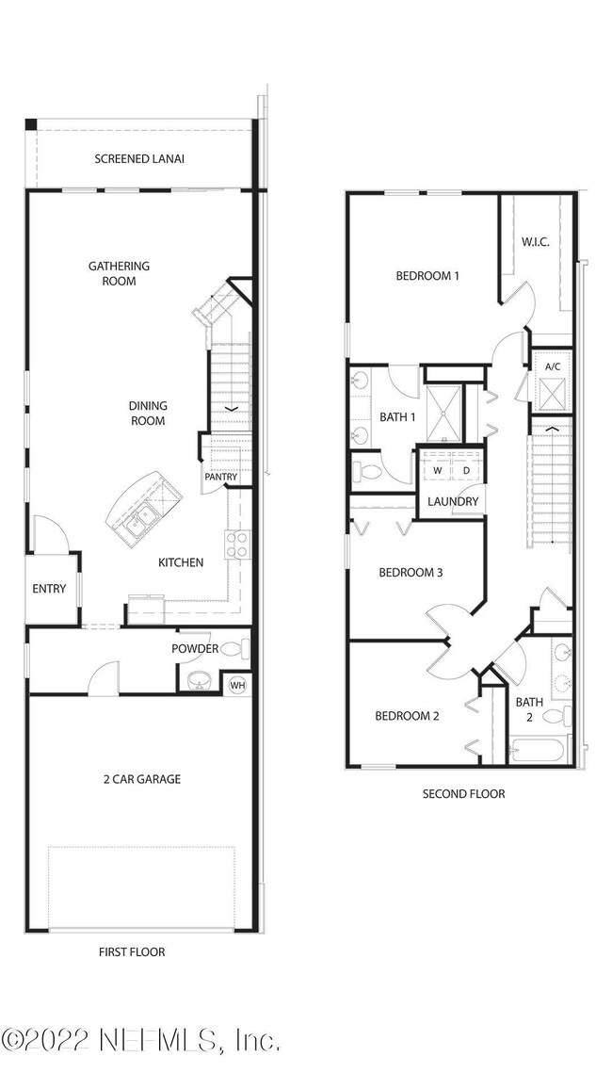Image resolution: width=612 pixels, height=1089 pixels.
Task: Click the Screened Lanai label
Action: point(139,159)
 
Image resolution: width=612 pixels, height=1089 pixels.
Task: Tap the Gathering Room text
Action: point(119,273)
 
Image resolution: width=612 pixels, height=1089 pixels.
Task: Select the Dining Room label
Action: point(148,414)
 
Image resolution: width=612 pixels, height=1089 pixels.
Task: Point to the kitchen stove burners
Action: point(236,544)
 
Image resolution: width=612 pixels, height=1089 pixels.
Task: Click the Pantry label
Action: point(220,477)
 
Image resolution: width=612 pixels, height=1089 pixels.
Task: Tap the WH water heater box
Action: point(238,686)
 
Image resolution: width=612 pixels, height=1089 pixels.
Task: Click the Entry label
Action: point(49,589)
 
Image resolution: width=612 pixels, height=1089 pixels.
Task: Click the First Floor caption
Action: point(132,952)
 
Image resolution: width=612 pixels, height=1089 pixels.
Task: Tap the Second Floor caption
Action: point(463,794)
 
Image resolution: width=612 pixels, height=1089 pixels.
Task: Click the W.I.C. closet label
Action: point(536,242)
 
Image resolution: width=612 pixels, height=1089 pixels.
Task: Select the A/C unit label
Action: point(553,366)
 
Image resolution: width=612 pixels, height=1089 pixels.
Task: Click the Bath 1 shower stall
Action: point(443,414)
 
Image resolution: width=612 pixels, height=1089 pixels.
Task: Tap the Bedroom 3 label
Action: point(411,573)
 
